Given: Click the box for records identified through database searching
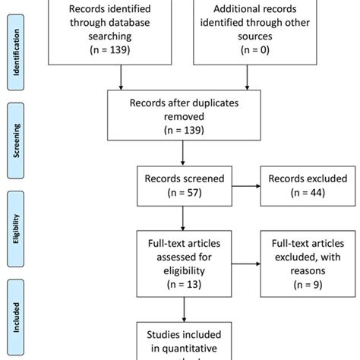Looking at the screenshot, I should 121,30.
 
